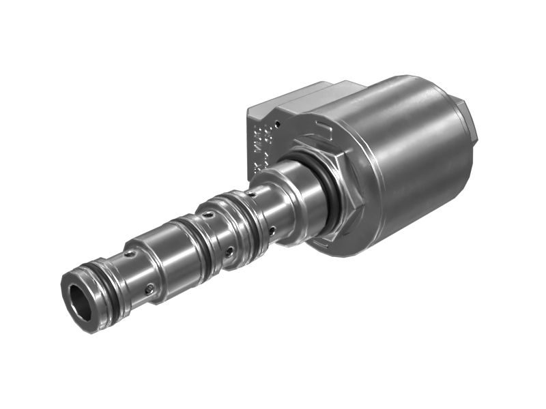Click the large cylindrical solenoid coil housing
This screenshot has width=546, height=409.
point(416,157)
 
